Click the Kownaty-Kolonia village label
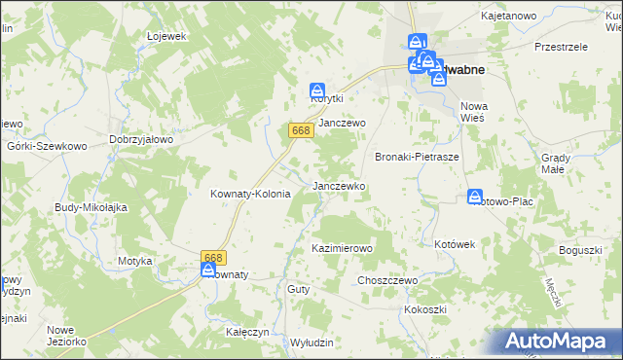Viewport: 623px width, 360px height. click(250, 194)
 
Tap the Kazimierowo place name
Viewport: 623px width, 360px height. click(342, 249)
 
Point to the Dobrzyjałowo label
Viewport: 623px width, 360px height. click(141, 139)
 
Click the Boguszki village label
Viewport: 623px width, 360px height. click(580, 251)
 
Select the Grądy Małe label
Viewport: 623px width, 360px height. click(567, 162)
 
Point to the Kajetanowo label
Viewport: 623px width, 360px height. click(509, 17)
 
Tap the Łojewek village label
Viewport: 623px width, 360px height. click(166, 36)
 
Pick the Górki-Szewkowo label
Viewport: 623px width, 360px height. click(47, 145)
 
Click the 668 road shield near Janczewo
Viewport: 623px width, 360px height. click(300, 129)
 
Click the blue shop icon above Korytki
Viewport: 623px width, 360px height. click(316, 89)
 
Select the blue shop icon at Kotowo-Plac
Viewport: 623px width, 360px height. click(475, 196)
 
